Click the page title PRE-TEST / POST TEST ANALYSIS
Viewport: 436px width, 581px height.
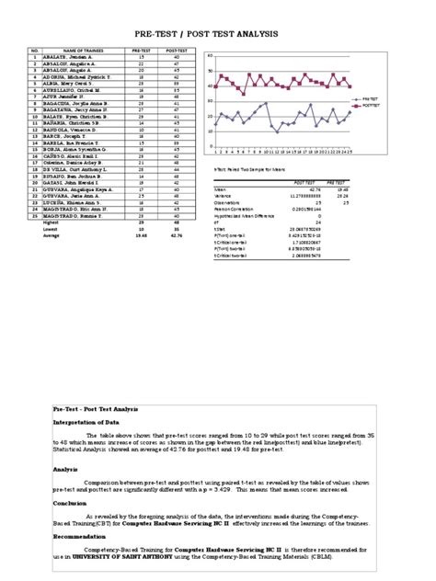218,33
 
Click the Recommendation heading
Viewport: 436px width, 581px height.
82,536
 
